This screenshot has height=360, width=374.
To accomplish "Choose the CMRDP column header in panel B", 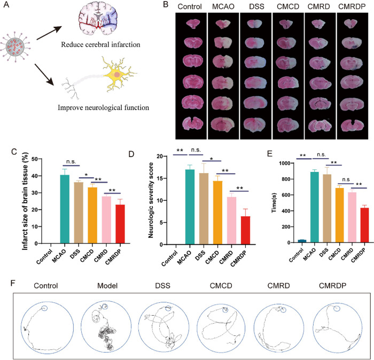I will [x=350, y=9].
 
